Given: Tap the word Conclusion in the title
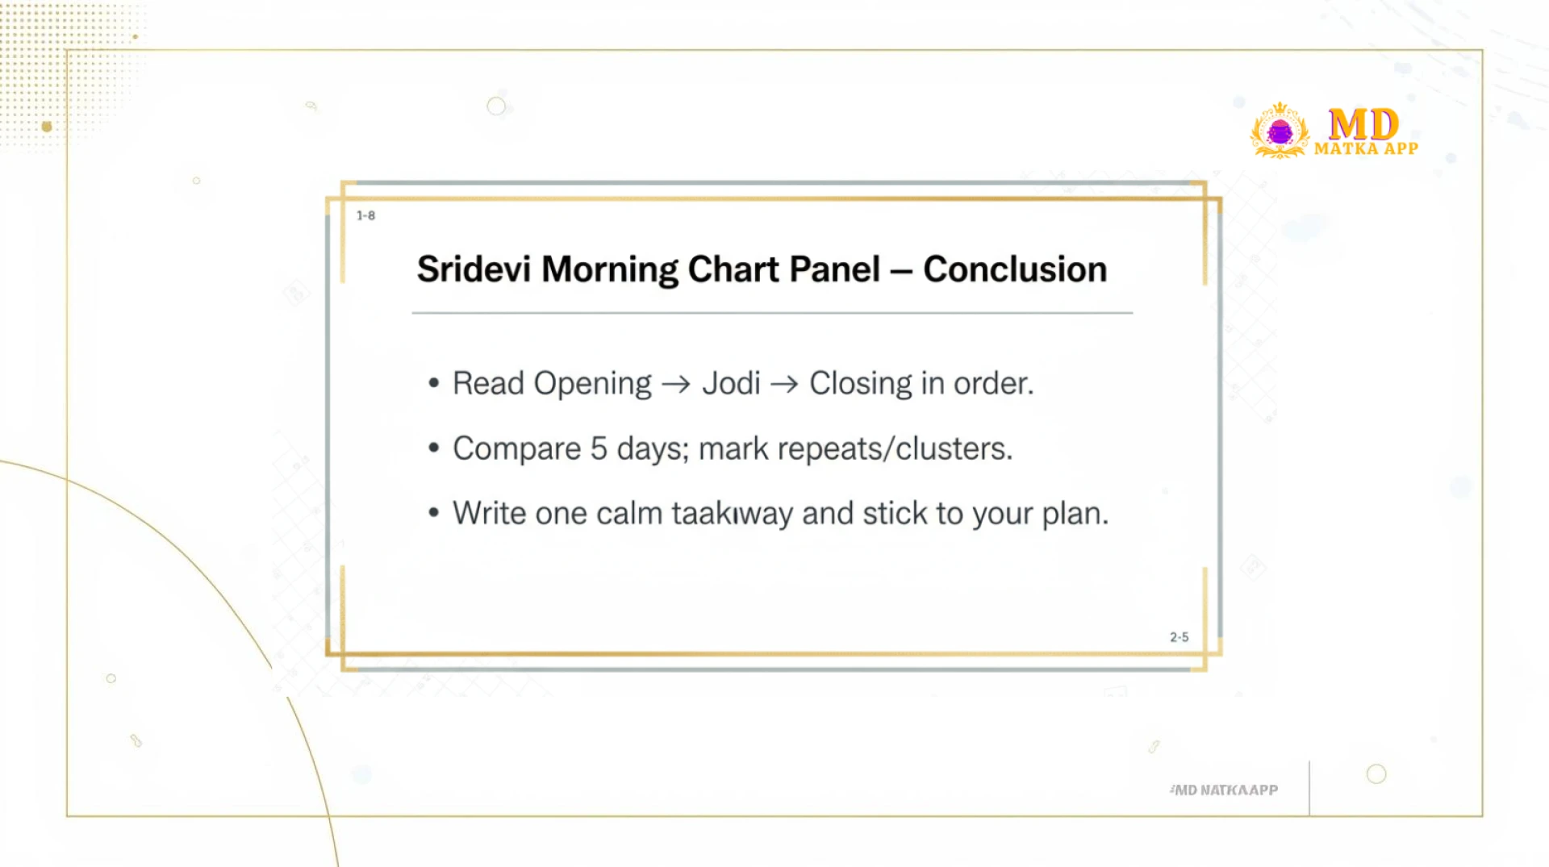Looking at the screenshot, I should click(1014, 269).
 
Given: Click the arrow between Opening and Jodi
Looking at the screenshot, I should click(676, 385).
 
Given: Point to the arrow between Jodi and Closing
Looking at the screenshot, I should click(784, 385).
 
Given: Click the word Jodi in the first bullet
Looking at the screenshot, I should click(731, 384).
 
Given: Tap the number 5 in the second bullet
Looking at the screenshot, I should click(598, 448).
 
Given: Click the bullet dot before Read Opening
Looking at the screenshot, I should click(434, 383).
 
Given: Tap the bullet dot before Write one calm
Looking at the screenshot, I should click(434, 513).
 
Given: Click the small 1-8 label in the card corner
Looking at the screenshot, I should click(365, 215).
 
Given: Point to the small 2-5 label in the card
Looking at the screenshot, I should click(1179, 637).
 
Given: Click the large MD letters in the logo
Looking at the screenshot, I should click(1363, 125).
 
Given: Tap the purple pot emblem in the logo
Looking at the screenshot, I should click(1280, 131).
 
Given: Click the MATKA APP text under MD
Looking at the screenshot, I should click(1366, 149).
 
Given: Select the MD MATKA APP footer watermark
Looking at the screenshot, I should click(1224, 790).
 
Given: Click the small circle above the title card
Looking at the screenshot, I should click(496, 106).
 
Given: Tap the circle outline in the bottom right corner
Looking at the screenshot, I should click(1376, 774).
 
